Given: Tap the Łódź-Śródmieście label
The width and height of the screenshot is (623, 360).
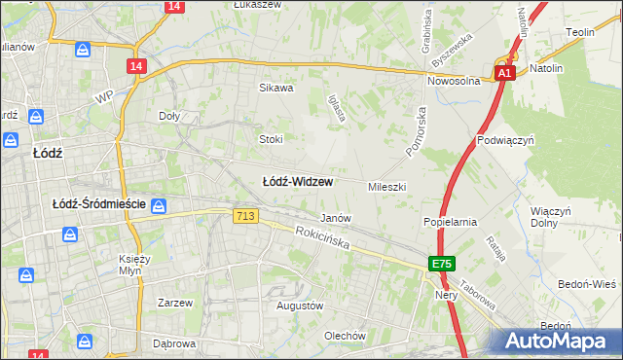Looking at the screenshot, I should pos(98,204).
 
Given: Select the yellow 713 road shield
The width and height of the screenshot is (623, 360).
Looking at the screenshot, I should pos(245,214).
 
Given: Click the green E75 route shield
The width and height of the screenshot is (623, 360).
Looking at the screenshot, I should pos(443,264).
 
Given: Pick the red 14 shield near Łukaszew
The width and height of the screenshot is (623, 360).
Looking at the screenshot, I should pos(173,6).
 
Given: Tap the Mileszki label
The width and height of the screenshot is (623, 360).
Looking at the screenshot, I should pos(386,186).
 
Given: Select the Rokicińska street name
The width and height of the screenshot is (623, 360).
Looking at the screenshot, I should pos(322,238).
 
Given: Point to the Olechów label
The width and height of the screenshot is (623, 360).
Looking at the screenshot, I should pos(346,336).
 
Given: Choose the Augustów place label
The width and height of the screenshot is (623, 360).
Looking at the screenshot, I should pos(299,306).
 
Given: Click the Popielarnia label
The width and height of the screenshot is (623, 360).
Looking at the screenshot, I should pos(449,222).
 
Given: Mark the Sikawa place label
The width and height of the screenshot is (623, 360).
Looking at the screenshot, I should pos(275,88).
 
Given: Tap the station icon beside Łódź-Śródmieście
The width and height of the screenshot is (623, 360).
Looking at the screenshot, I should pos(160,205).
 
